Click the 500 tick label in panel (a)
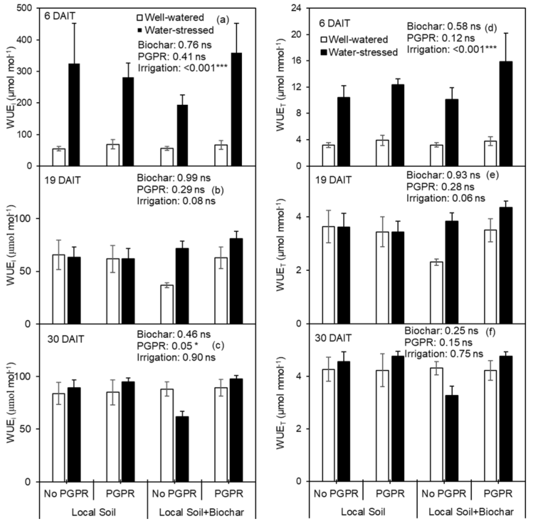[25, 9]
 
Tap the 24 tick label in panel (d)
[297, 9]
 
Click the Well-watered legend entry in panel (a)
[171, 17]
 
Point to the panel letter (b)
[218, 190]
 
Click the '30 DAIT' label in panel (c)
[66, 339]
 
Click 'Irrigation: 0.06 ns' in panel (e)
[446, 198]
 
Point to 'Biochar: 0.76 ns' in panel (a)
[175, 45]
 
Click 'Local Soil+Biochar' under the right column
[471, 512]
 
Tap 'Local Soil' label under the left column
[94, 512]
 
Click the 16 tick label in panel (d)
[297, 61]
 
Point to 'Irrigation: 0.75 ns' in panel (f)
[444, 354]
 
